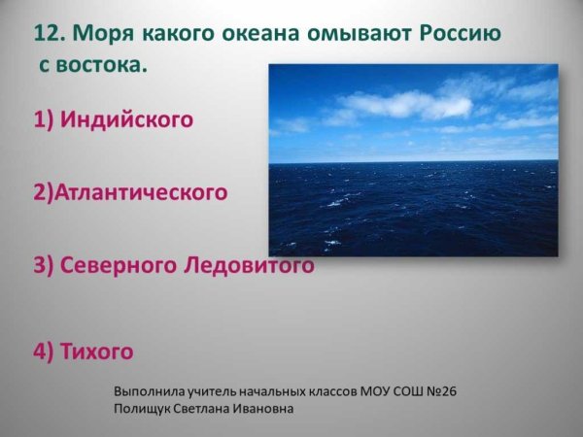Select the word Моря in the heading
click(x=100, y=35)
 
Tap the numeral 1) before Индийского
click(x=44, y=120)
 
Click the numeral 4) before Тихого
click(x=44, y=351)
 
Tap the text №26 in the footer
click(x=440, y=390)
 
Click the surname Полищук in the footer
click(x=146, y=409)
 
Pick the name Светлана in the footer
click(x=211, y=409)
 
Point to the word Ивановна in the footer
click(x=268, y=409)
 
